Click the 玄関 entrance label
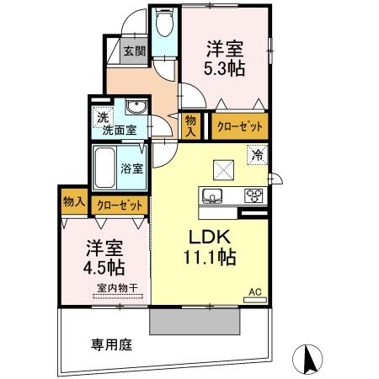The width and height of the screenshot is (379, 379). (134, 51)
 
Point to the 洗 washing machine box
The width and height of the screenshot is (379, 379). (102, 117)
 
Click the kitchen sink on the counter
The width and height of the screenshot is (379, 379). (211, 196)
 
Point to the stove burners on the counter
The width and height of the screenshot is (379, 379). (253, 196)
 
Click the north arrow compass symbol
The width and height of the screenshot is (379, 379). (309, 360)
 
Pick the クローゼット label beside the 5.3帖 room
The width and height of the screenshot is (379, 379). (240, 127)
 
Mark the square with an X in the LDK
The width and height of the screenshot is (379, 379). (223, 168)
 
